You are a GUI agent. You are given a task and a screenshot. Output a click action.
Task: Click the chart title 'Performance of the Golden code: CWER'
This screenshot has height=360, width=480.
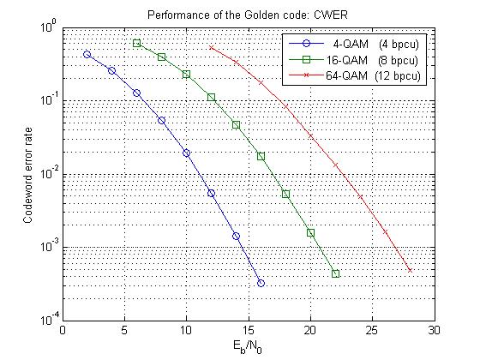[x=248, y=17]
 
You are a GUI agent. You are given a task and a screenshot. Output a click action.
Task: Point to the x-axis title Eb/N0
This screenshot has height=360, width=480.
[x=248, y=347]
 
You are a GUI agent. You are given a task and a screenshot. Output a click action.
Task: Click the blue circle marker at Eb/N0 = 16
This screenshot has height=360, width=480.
[x=261, y=283]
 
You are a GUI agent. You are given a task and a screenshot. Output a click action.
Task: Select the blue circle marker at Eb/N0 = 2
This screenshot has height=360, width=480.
[x=87, y=54]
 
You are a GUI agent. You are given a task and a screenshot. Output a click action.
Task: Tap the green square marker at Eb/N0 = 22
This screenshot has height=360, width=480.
[x=335, y=273]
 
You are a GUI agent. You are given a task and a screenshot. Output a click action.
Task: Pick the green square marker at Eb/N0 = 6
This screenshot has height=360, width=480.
[x=136, y=43]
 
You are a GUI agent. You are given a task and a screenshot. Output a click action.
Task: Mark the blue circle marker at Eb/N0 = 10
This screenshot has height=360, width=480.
[x=186, y=153]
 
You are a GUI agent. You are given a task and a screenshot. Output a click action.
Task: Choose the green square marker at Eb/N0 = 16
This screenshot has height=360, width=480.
[x=261, y=156]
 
